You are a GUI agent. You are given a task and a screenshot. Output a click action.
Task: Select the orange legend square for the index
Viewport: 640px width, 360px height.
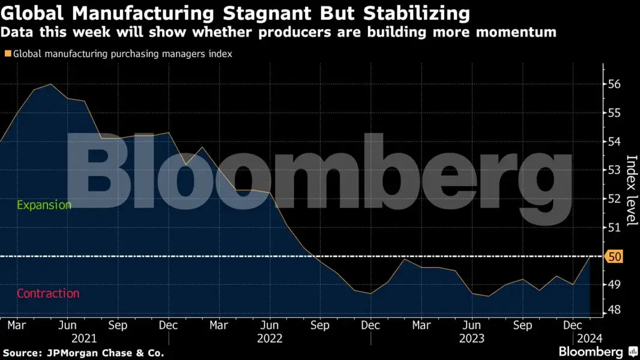[x=8, y=54]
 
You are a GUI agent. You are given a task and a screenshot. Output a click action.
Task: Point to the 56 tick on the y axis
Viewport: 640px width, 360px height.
[x=615, y=85]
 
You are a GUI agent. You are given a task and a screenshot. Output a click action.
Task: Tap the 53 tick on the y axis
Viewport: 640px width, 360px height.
[x=615, y=170]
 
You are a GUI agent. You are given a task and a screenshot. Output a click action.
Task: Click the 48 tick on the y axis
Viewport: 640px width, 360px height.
[x=615, y=310]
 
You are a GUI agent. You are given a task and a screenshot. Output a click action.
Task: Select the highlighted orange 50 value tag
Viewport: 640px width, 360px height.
[x=615, y=257]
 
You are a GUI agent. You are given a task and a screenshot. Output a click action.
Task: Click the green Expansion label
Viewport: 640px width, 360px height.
[x=44, y=205]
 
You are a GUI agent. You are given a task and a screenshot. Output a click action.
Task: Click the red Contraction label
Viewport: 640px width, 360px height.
[x=48, y=293]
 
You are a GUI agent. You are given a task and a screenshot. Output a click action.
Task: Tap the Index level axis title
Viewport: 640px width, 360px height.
[x=632, y=191]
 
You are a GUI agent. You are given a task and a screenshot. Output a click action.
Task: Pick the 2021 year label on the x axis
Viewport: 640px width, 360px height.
[x=84, y=338]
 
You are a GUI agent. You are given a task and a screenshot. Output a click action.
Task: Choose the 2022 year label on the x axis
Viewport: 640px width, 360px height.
[x=270, y=338]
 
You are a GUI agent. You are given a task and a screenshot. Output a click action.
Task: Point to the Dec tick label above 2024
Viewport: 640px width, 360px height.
[x=573, y=325]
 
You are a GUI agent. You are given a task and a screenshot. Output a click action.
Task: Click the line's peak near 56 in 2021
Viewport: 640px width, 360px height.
[x=50, y=84]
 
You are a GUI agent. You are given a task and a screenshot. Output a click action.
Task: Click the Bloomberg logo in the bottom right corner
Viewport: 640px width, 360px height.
[x=591, y=352]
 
